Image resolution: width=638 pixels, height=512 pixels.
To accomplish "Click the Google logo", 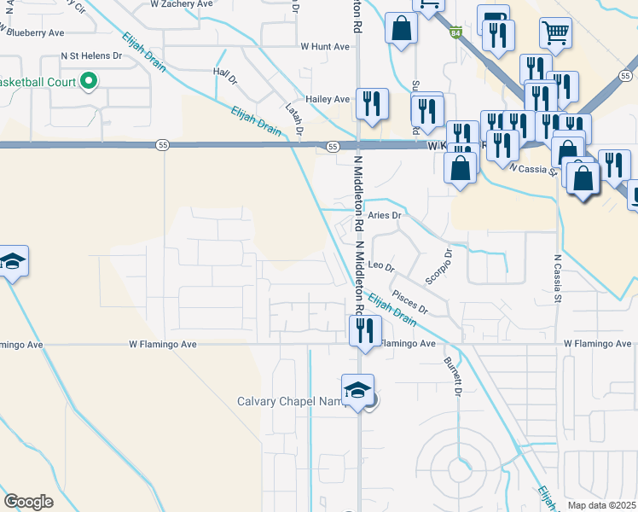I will coord(28,502).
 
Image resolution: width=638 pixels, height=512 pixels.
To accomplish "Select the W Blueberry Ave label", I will coord(33,32).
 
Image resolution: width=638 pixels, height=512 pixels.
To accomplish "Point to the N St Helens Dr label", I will coord(91,55).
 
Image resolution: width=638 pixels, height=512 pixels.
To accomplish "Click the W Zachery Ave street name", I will coord(181,4).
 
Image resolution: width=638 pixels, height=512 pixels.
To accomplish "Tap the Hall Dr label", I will coord(226,77).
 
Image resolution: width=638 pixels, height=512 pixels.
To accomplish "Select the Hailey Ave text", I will coord(329,100).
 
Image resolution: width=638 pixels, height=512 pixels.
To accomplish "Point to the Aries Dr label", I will coord(384,216).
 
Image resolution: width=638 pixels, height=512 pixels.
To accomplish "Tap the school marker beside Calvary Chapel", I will coord(358,391).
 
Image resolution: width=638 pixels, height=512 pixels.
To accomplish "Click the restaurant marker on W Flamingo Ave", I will coord(366,329).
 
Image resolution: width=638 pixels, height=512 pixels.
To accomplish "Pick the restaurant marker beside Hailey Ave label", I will coord(371,104).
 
